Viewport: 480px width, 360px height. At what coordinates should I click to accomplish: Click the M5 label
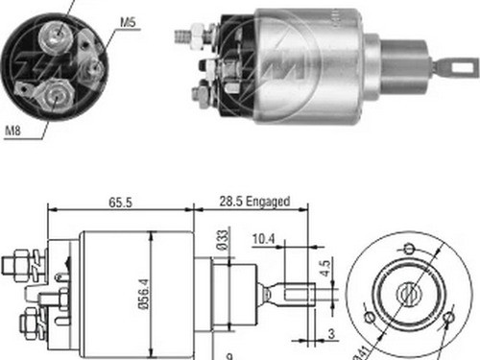[128, 20]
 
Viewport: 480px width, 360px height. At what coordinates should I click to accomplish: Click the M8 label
[13, 131]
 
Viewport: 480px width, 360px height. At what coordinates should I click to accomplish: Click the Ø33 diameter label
[221, 239]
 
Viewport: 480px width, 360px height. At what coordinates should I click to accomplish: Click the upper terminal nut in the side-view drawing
[21, 259]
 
